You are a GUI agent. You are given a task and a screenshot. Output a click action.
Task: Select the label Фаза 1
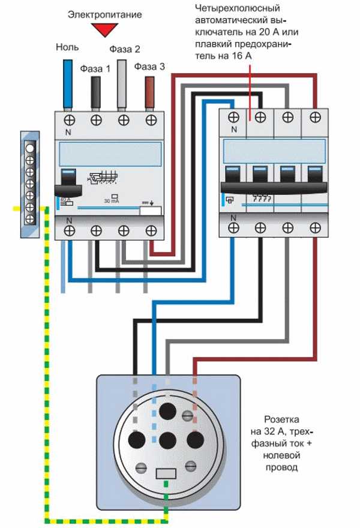coord(95,68)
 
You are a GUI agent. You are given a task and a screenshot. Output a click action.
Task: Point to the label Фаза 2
coord(124,49)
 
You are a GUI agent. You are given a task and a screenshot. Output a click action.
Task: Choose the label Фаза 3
coord(149,67)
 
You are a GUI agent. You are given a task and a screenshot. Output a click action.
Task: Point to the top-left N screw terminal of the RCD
coord(68,120)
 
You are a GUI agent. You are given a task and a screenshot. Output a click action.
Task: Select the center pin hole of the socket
coord(167,439)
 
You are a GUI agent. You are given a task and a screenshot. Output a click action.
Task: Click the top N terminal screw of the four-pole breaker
coord(233,118)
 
